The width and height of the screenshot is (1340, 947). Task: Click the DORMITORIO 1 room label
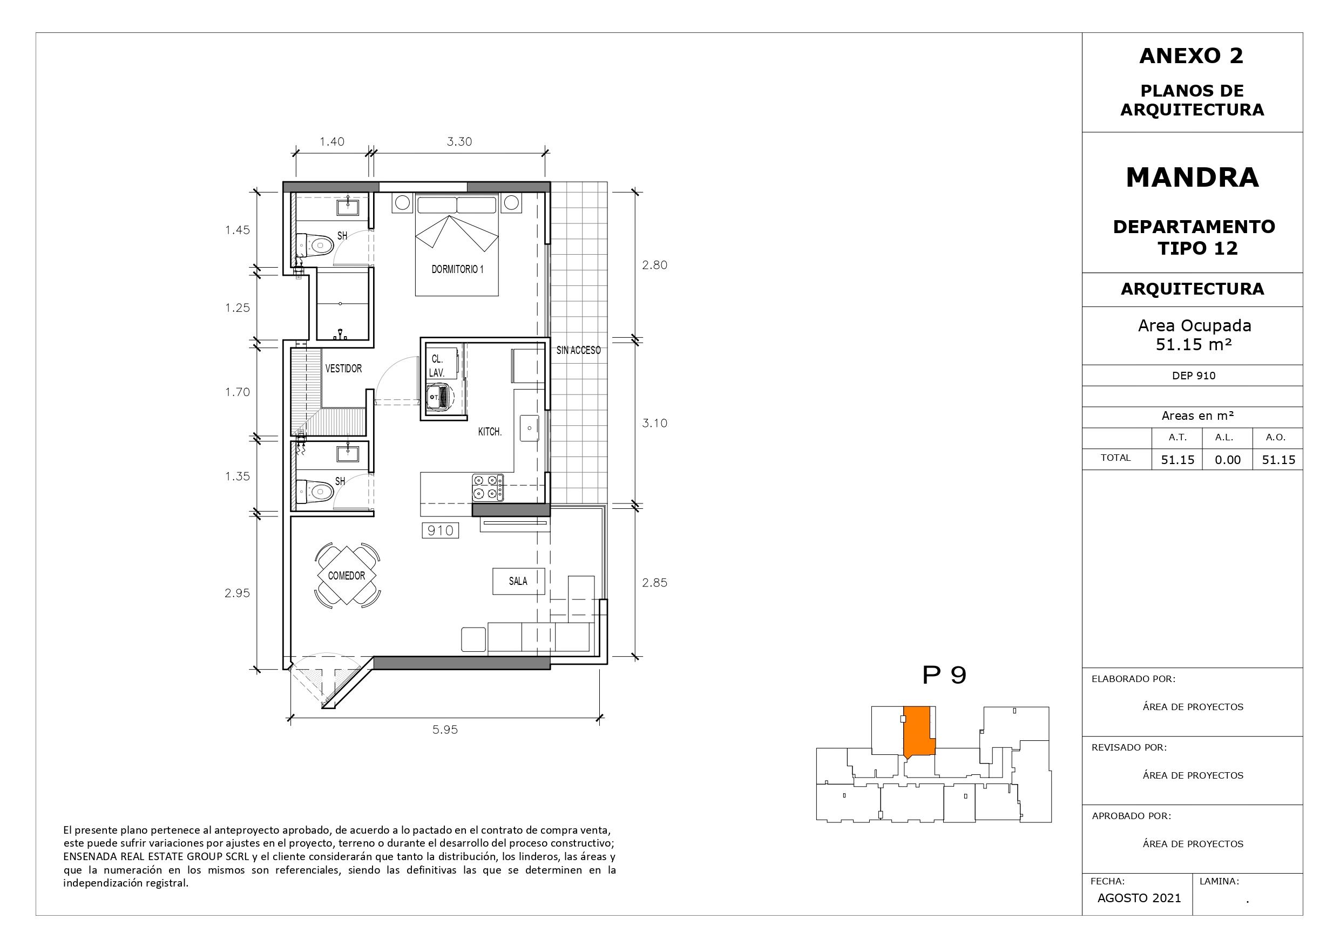(458, 270)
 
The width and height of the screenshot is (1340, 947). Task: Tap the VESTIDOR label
(343, 369)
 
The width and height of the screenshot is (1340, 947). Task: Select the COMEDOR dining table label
(347, 576)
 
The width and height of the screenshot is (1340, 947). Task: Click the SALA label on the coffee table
(518, 581)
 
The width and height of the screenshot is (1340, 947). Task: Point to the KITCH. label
(490, 432)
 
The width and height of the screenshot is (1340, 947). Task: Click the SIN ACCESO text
(578, 350)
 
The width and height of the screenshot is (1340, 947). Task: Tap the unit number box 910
(441, 530)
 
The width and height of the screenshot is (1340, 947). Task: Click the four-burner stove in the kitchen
(488, 488)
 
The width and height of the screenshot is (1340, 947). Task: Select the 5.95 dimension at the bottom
(445, 730)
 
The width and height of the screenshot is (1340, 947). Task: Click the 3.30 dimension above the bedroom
(459, 142)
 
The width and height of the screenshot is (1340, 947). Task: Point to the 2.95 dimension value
(237, 594)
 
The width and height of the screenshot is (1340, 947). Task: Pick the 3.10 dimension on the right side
(655, 424)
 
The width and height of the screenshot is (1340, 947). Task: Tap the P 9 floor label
(944, 675)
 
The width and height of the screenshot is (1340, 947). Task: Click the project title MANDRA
(1193, 178)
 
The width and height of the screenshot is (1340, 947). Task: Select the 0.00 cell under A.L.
(1228, 460)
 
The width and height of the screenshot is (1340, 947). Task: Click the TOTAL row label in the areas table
(1116, 458)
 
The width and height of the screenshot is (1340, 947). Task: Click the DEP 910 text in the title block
(1194, 376)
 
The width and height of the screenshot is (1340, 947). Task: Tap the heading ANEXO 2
(1191, 56)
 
